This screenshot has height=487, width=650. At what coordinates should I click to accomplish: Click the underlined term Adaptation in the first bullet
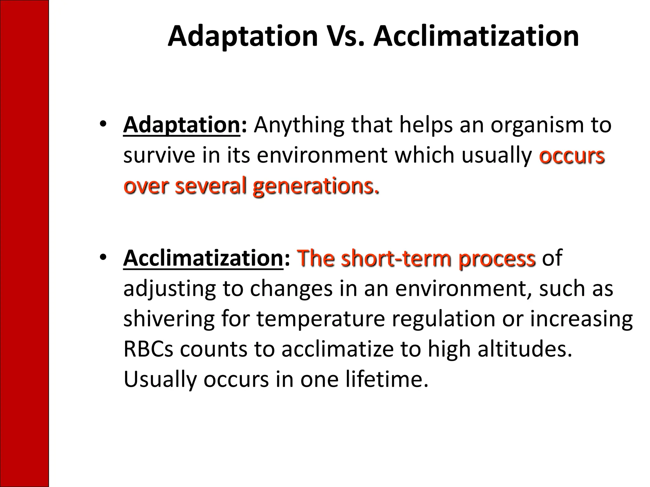[182, 125]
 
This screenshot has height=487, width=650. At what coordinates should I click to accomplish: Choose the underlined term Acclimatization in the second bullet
[203, 258]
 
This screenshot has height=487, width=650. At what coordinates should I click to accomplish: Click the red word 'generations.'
[316, 186]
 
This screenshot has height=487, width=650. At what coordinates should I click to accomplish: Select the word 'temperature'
[321, 320]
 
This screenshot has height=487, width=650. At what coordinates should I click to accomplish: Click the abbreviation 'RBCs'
[148, 349]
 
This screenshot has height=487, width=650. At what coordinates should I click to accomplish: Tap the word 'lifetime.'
[387, 379]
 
